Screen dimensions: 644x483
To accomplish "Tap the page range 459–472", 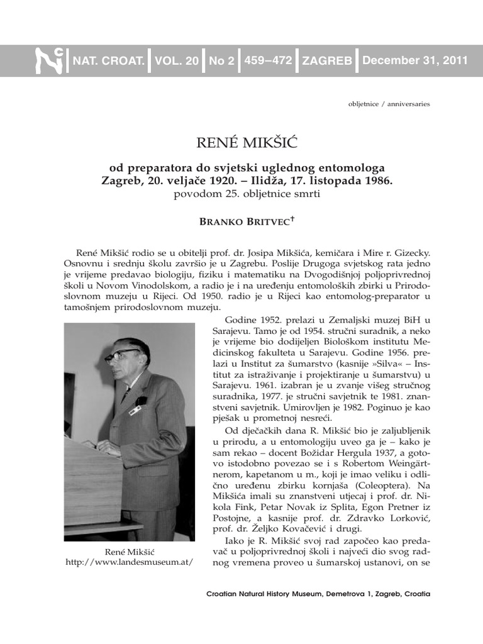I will [x=268, y=61].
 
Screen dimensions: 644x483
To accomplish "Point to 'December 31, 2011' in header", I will [x=414, y=61].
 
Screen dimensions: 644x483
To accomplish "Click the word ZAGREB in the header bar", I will [x=326, y=61].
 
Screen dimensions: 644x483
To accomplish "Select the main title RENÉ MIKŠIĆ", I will [x=241, y=144].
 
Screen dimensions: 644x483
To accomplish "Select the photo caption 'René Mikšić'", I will [x=128, y=552].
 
